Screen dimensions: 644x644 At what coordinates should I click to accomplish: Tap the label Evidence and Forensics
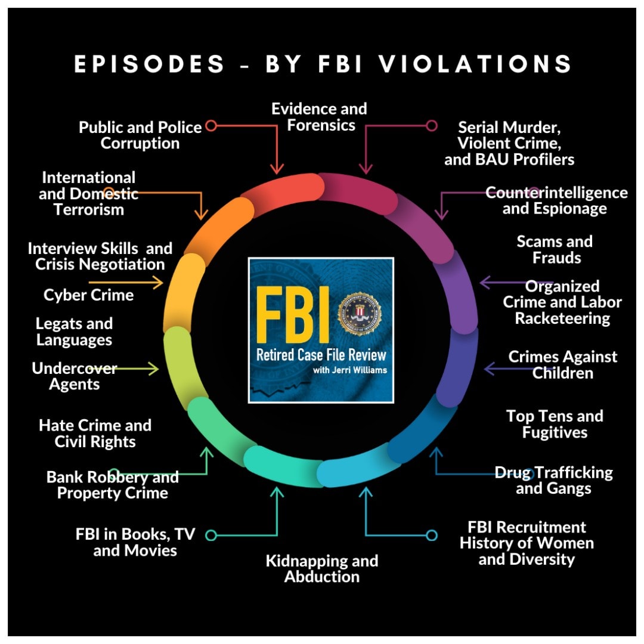coord(319,117)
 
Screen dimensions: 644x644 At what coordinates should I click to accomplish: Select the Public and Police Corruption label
coord(140,135)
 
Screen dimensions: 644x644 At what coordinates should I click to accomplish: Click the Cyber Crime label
coord(88,295)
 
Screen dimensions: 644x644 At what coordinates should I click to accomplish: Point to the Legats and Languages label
coord(74,332)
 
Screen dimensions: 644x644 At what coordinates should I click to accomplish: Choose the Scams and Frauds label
coord(555,250)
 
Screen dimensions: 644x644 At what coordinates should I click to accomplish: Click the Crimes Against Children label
coord(563,365)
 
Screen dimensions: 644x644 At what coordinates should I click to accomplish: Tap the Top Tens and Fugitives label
coord(555,424)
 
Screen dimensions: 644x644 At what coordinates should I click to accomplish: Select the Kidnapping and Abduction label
coord(322,569)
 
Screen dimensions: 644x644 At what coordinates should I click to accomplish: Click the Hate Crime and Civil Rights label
coord(95,434)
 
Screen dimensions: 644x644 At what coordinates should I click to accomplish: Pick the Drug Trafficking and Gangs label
coord(553,481)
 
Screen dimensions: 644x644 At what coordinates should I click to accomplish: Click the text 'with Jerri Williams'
coord(349,370)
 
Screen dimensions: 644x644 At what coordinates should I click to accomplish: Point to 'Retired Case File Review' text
coord(321,355)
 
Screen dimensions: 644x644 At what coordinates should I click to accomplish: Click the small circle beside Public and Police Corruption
coord(210,126)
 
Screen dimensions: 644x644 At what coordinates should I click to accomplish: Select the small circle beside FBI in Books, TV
coord(210,535)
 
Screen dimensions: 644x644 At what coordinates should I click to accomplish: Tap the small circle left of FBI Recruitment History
coord(432,535)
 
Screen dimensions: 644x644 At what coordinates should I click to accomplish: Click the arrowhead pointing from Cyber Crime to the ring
coord(160,282)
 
